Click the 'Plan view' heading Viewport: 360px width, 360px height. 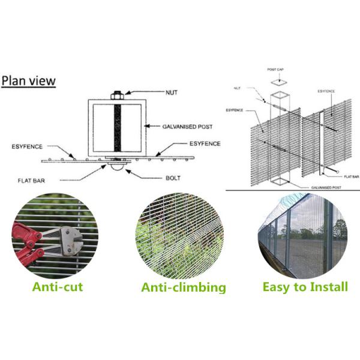28,80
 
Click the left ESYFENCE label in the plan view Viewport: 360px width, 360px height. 28,146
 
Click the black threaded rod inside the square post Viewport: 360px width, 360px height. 116,127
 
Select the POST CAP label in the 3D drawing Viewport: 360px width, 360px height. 275,70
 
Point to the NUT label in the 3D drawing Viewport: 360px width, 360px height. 239,88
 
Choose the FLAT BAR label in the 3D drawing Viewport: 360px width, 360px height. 351,176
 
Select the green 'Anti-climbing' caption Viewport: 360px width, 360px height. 184,287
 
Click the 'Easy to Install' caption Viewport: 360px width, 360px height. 305,287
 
